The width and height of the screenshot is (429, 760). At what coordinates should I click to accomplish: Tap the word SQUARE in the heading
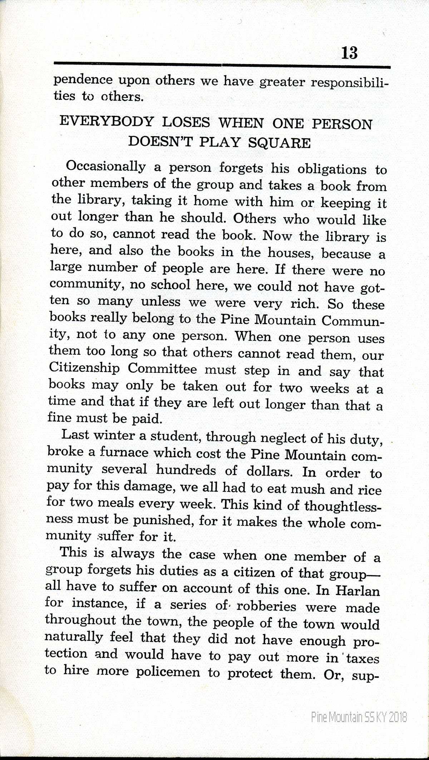click(279, 142)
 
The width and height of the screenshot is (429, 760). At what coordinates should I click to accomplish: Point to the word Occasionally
click(106, 167)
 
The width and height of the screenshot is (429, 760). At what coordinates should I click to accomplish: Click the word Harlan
click(358, 590)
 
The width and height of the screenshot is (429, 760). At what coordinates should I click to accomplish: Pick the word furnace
click(123, 453)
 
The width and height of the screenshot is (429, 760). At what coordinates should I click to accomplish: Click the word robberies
click(267, 607)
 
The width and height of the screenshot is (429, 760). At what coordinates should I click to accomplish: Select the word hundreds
click(186, 470)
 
